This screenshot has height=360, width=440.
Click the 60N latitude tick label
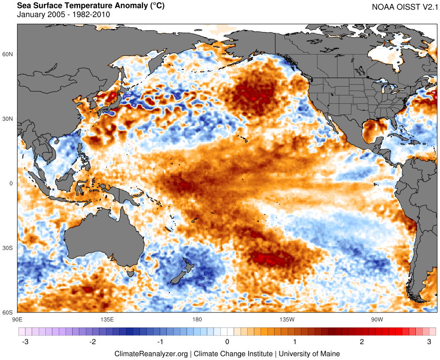click(8, 54)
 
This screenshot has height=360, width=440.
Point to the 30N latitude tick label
click(8, 119)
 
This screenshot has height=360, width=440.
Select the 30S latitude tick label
click(8, 248)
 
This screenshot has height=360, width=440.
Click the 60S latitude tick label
click(8, 313)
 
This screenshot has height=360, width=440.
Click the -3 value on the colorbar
click(26, 342)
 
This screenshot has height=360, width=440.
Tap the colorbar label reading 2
click(362, 342)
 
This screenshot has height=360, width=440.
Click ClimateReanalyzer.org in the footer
click(151, 353)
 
